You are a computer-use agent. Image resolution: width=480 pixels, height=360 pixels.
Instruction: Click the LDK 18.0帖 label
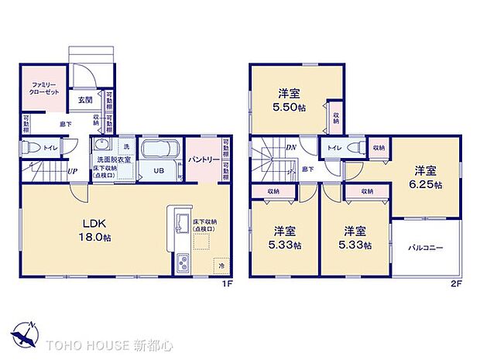94,231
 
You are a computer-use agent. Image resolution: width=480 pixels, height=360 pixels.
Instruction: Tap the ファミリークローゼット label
39,87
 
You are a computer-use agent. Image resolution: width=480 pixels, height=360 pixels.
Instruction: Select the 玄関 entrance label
84,99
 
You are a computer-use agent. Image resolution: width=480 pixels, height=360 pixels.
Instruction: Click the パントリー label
202,159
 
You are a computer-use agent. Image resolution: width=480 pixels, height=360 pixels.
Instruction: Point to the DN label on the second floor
291,148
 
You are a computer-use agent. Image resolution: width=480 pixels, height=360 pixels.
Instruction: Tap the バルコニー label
425,248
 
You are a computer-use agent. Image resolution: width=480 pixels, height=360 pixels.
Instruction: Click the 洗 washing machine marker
125,146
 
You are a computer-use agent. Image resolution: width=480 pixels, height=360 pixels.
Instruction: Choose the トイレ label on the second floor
334,147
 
